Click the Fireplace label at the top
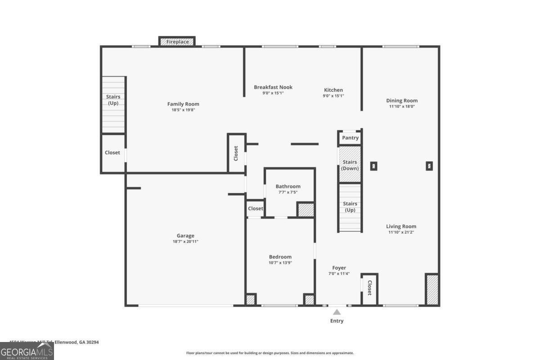pyautogui.click(x=177, y=42)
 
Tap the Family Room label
pyautogui.click(x=183, y=104)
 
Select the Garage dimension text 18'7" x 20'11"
pyautogui.click(x=185, y=242)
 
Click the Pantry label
pyautogui.click(x=350, y=138)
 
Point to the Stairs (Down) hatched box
pyautogui.click(x=350, y=165)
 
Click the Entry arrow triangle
pyautogui.click(x=337, y=312)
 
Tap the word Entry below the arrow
pyautogui.click(x=337, y=321)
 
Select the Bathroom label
pyautogui.click(x=288, y=186)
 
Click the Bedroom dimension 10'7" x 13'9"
pyautogui.click(x=280, y=263)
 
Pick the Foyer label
pyautogui.click(x=339, y=268)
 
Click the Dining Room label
pyautogui.click(x=402, y=101)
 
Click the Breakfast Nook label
pyautogui.click(x=273, y=87)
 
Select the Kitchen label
pyautogui.click(x=333, y=90)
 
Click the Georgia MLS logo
pyautogui.click(x=27, y=351)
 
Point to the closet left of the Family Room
pyautogui.click(x=112, y=153)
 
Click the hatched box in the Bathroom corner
pyautogui.click(x=306, y=210)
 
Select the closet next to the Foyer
pyautogui.click(x=369, y=288)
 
